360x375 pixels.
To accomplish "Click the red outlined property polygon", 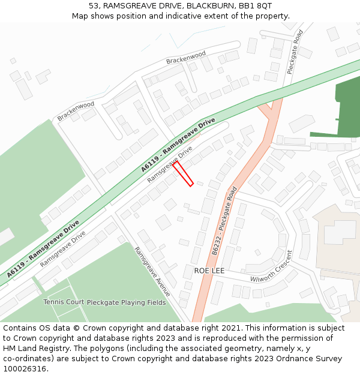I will coord(183,173).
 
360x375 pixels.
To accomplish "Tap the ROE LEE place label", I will coord(209,271).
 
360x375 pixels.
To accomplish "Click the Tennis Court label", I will coord(64,302).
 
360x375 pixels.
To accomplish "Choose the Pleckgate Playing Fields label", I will coord(126,302).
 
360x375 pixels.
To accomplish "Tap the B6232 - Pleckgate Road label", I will coord(224,219).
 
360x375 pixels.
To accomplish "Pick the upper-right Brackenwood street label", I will coord(186,58).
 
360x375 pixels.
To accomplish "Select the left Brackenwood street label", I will coord(76,111).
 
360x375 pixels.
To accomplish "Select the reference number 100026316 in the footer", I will coord(26,369).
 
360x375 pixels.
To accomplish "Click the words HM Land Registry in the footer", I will coord(34,349).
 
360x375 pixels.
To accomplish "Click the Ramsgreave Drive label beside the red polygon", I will coord(170,164).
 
